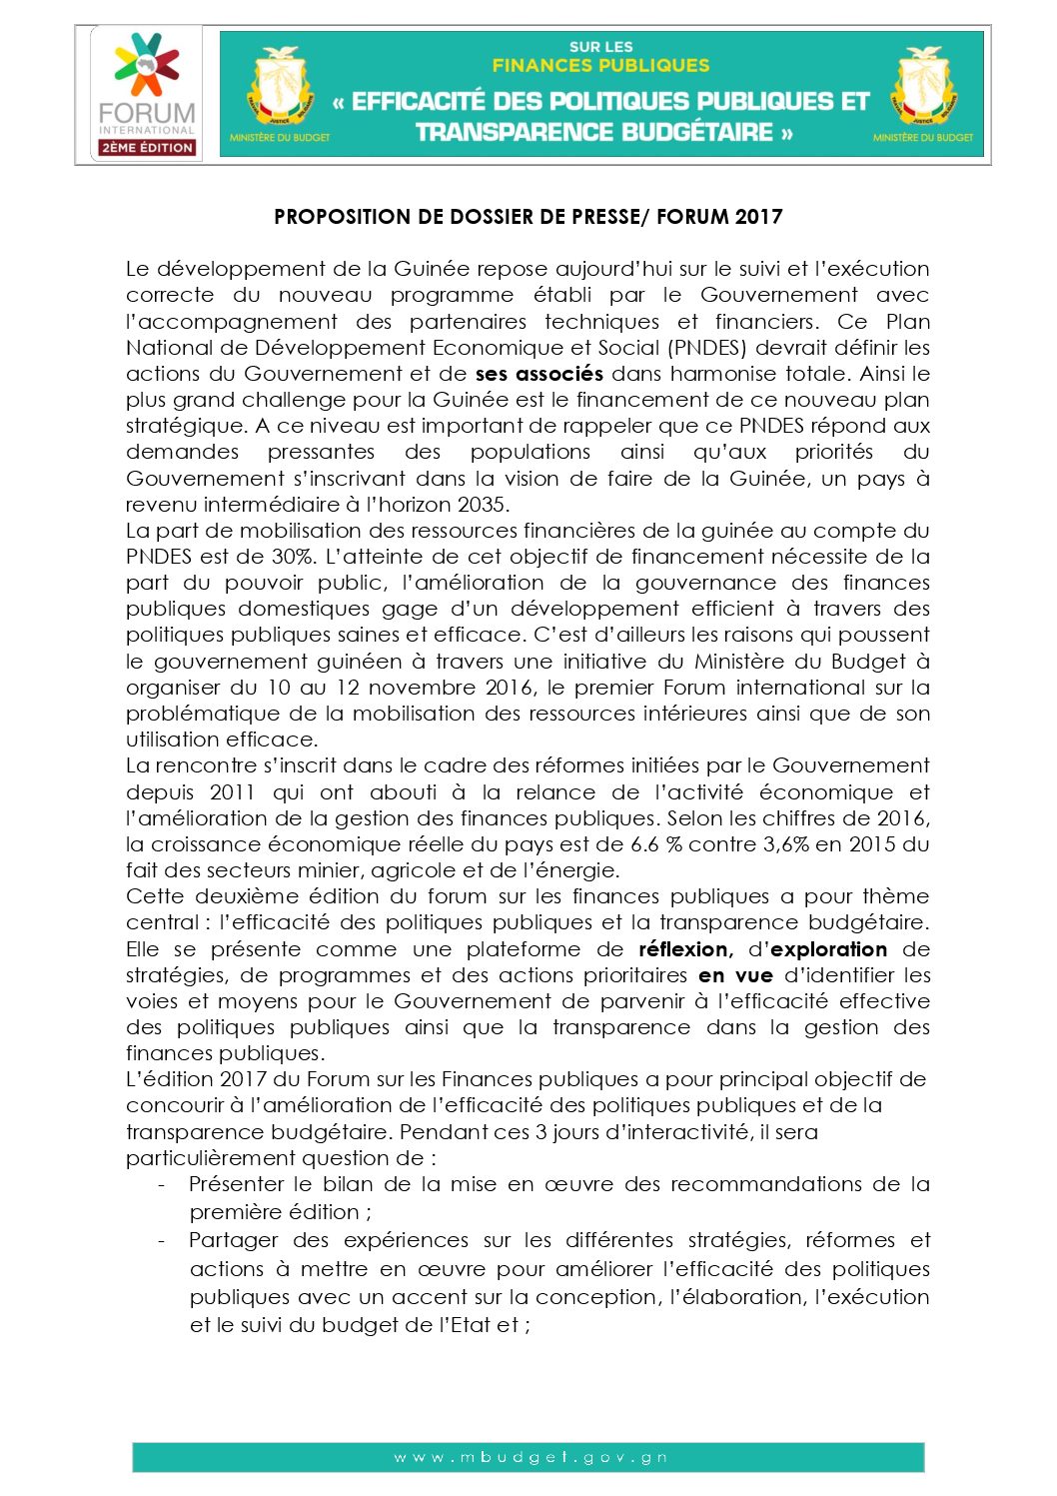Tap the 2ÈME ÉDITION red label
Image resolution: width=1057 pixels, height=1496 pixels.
[147, 147]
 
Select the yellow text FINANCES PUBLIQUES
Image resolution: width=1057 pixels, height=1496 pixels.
[600, 66]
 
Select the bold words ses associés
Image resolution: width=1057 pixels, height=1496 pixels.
[538, 374]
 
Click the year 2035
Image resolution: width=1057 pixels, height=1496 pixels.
[482, 505]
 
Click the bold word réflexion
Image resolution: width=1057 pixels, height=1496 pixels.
[685, 949]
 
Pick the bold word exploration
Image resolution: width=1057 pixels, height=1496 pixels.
[828, 949]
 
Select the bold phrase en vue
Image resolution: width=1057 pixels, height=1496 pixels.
[735, 975]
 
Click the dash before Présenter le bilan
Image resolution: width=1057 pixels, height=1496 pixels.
[162, 1185]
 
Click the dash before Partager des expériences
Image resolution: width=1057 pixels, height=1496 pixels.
[162, 1241]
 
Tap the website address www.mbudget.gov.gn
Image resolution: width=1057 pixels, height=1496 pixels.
[529, 1457]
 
